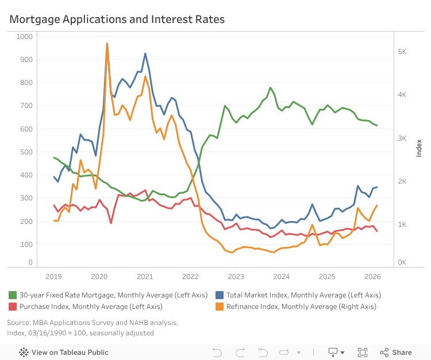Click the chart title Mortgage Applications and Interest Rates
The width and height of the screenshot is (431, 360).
[x=117, y=20]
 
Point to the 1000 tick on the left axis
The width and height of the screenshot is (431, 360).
[x=25, y=36]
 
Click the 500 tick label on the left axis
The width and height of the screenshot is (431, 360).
[x=26, y=152]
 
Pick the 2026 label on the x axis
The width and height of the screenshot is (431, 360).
[x=372, y=276]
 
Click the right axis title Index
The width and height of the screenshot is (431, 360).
[x=419, y=148]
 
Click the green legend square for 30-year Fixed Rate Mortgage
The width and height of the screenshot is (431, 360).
[x=13, y=295]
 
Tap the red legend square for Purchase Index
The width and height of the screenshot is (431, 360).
[x=13, y=307]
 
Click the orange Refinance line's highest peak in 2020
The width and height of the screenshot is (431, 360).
[x=107, y=44]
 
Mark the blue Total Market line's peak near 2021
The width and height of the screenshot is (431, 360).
[x=145, y=54]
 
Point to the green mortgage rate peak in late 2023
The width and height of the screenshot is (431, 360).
[x=270, y=88]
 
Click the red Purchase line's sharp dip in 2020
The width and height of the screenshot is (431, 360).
[x=111, y=223]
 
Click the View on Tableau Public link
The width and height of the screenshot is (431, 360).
[x=64, y=353]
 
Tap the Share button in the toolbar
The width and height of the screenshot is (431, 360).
[x=396, y=353]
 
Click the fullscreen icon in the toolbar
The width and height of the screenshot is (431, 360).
[x=363, y=353]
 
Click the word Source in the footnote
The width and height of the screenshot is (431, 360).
[x=19, y=323]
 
